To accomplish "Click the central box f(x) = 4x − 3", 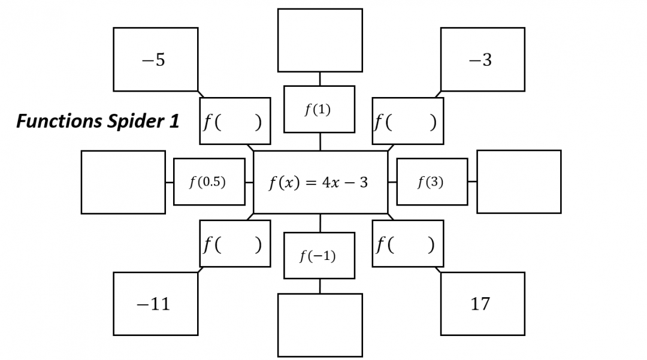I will pyautogui.click(x=320, y=182).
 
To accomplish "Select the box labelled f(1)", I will pyautogui.click(x=319, y=109).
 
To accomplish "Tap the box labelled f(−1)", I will pyautogui.click(x=319, y=256).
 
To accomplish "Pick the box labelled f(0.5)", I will pyautogui.click(x=209, y=181).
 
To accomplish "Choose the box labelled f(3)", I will pyautogui.click(x=432, y=181).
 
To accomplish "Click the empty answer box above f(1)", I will pyautogui.click(x=320, y=40).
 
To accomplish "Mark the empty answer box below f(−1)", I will pyautogui.click(x=320, y=325).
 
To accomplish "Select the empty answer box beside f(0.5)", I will pyautogui.click(x=123, y=182).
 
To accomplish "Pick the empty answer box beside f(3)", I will pyautogui.click(x=519, y=181).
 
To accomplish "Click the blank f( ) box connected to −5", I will pyautogui.click(x=235, y=121).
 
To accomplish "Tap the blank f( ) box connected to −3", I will pyautogui.click(x=407, y=121).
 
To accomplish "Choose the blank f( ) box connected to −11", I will pyautogui.click(x=235, y=243).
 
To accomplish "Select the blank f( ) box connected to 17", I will pyautogui.click(x=407, y=243).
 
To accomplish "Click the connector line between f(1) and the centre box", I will pyautogui.click(x=320, y=141).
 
